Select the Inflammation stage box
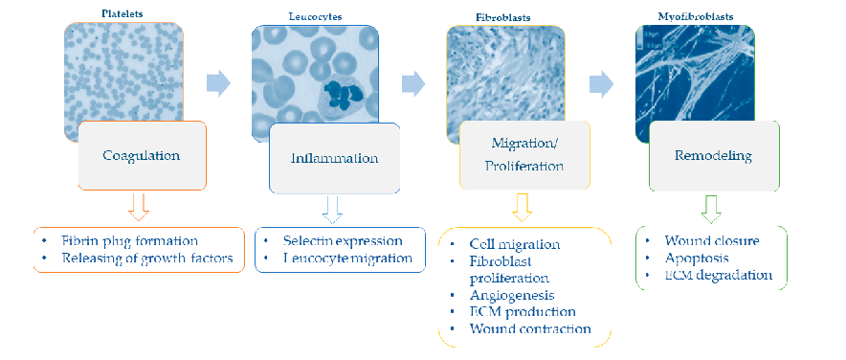pyautogui.click(x=334, y=157)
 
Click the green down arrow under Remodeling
pyautogui.click(x=710, y=205)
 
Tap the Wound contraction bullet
pyautogui.click(x=530, y=329)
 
